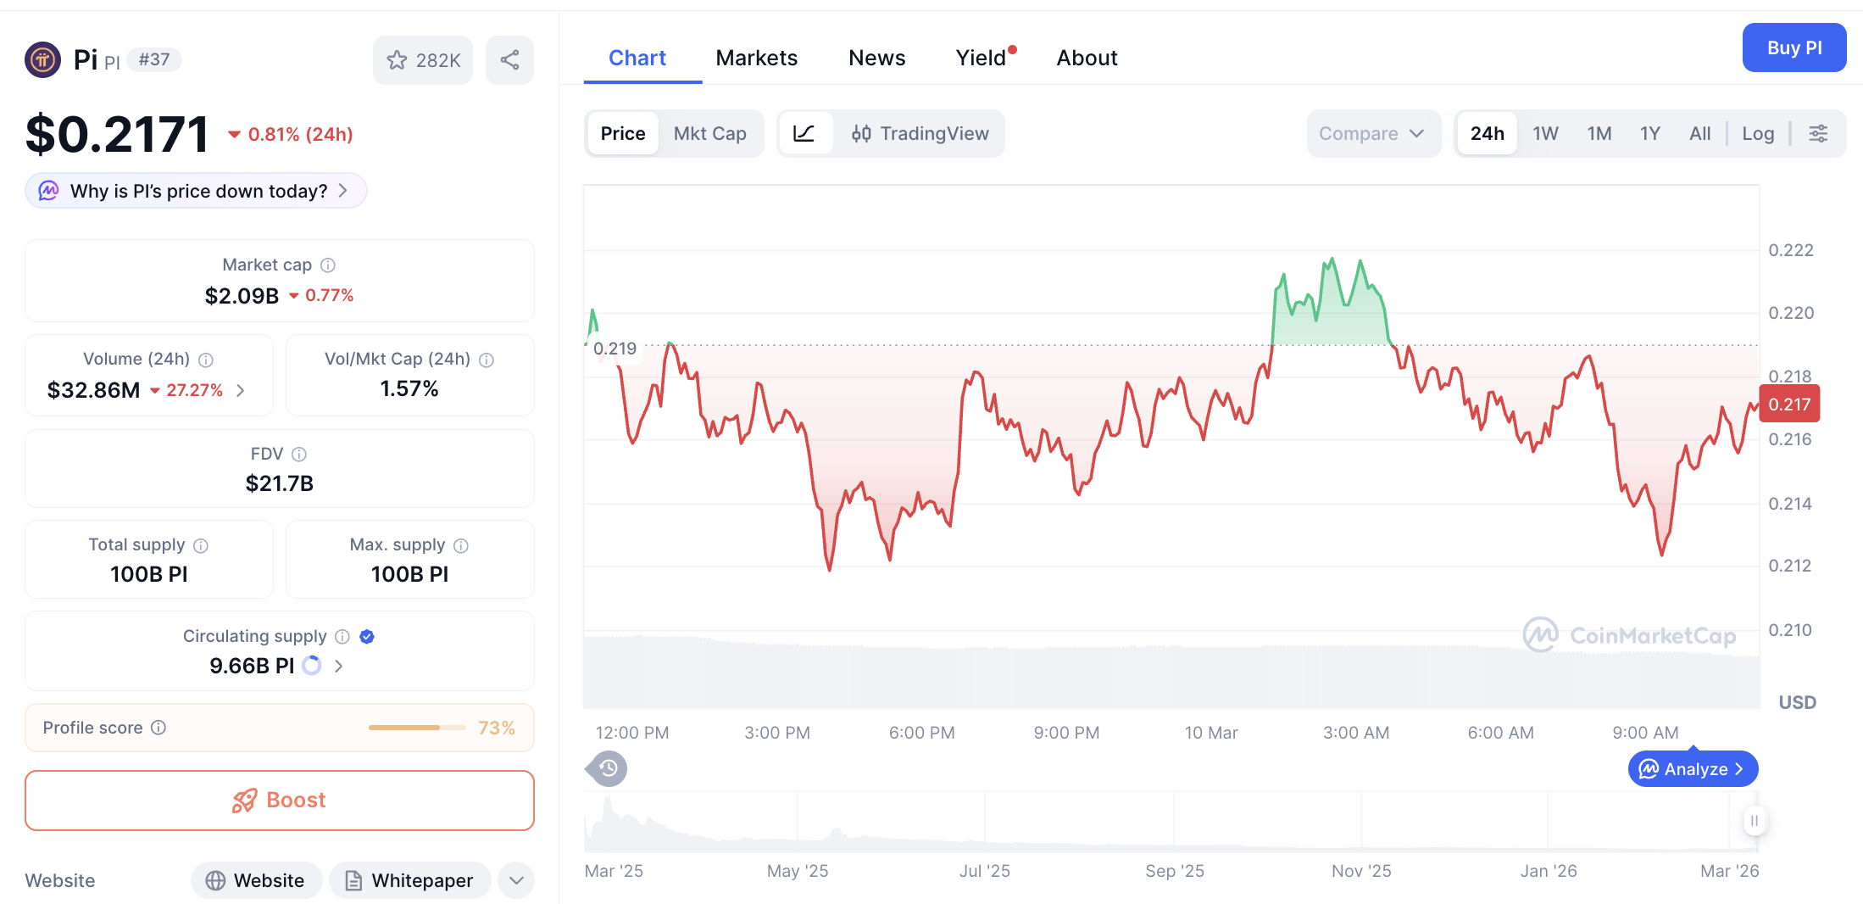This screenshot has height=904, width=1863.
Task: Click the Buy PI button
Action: [x=1793, y=48]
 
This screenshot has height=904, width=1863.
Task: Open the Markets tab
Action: [x=756, y=58]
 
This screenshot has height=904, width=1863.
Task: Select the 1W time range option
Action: [x=1544, y=133]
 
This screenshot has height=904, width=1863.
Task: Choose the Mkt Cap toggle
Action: [x=709, y=133]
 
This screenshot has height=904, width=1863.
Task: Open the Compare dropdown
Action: [x=1371, y=133]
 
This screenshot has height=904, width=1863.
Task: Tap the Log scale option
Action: [x=1757, y=133]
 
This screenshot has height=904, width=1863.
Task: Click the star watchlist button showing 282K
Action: [x=423, y=60]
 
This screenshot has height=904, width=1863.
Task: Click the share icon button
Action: [x=509, y=60]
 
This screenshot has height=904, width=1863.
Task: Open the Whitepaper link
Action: [x=410, y=880]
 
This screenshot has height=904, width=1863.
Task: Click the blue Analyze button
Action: [x=1693, y=769]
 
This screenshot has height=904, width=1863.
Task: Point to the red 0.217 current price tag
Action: [x=1789, y=405]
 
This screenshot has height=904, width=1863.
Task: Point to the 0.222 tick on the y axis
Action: [x=1790, y=250]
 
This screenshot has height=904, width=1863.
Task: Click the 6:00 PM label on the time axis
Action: [x=921, y=733]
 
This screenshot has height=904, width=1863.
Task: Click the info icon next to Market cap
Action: [x=328, y=265]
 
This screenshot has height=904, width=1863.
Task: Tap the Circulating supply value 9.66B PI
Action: [x=252, y=666]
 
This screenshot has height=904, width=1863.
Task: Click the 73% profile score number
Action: [x=496, y=728]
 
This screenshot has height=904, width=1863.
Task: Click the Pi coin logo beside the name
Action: [x=42, y=59]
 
